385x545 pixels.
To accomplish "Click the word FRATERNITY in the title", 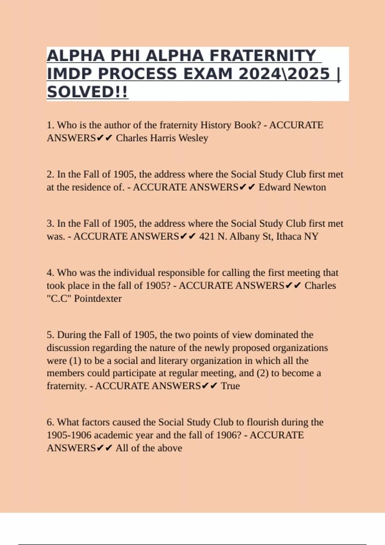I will coord(263,56).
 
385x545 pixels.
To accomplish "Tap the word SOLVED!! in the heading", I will coord(87,92).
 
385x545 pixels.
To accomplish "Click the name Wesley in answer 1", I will coord(193,138).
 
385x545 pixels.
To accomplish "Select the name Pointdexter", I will coord(98,299).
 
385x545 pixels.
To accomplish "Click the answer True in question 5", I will coord(230,386).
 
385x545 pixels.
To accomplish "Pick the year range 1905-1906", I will coord(69,435).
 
